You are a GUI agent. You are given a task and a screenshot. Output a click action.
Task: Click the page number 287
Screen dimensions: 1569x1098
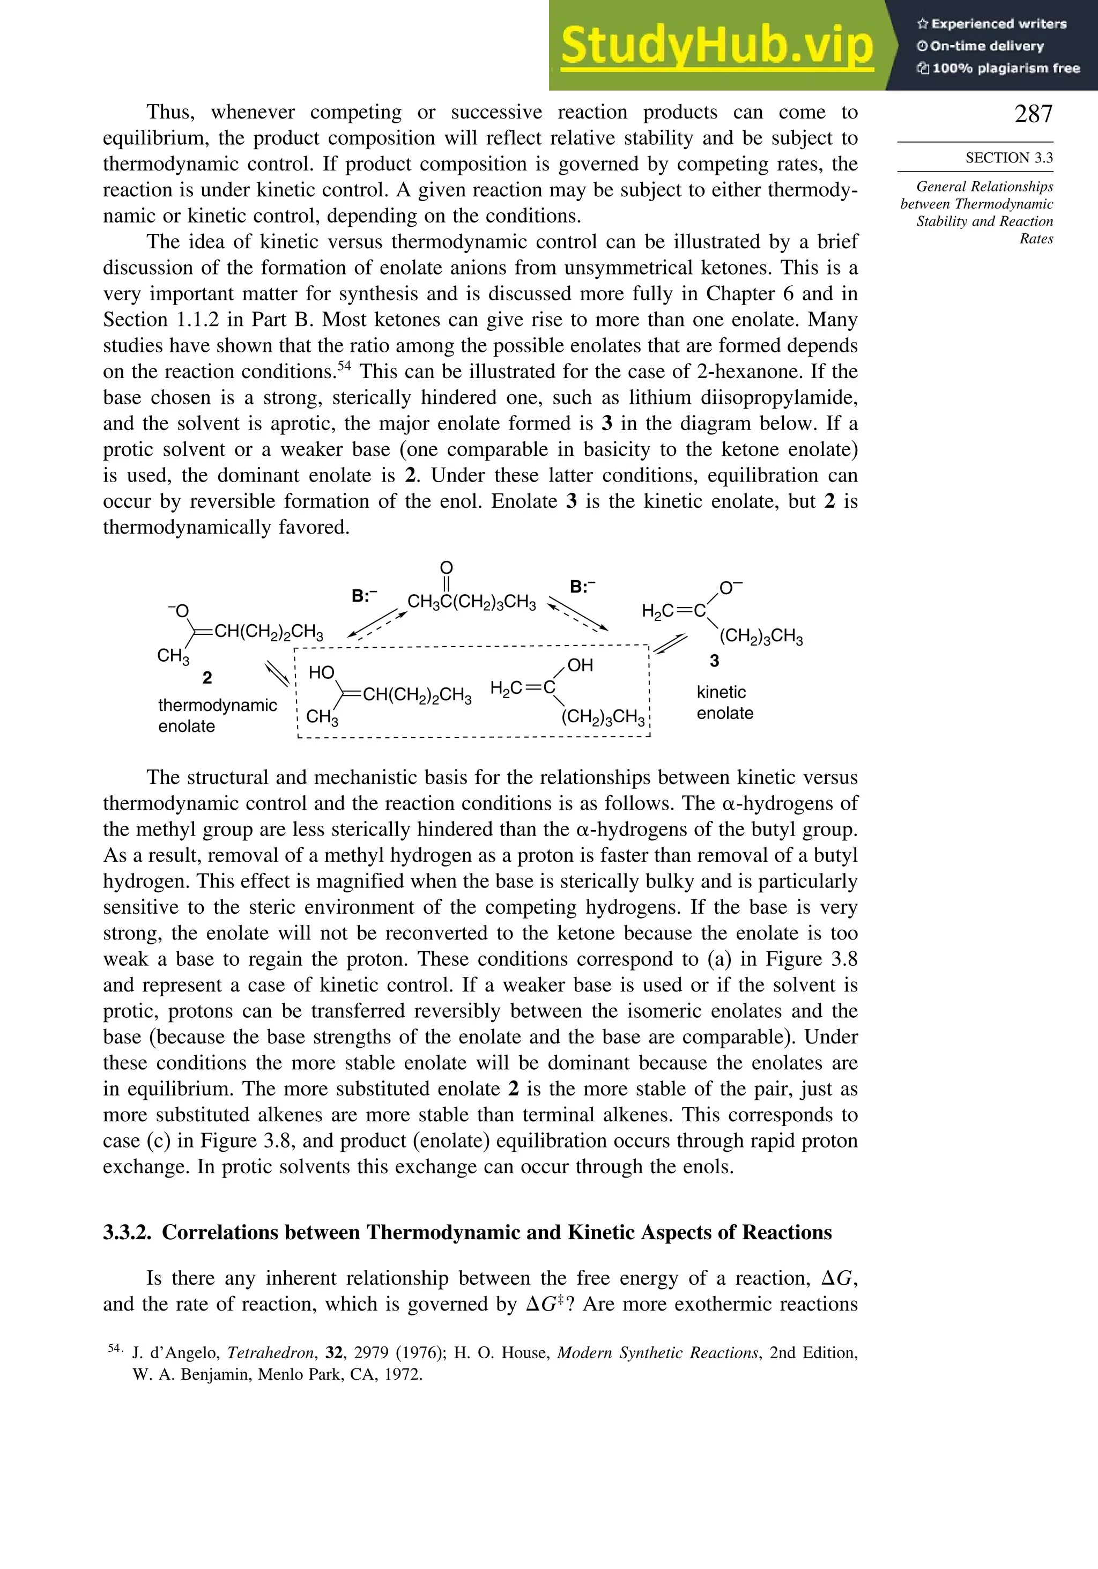click(1033, 114)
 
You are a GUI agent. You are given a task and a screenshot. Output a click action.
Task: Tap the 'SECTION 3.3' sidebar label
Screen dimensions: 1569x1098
click(1008, 158)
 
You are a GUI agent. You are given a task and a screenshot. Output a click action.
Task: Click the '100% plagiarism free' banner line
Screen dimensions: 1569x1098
click(998, 68)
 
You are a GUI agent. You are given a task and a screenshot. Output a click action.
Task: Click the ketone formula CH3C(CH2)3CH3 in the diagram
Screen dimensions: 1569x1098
click(471, 603)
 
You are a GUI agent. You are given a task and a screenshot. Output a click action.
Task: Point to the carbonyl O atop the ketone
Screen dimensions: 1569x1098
click(446, 568)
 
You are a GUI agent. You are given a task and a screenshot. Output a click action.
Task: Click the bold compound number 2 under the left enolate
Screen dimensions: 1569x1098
click(207, 678)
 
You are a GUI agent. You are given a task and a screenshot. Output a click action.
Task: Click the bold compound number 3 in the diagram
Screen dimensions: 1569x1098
click(714, 661)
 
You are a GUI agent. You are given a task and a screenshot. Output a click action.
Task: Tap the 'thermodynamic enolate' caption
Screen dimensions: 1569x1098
click(217, 715)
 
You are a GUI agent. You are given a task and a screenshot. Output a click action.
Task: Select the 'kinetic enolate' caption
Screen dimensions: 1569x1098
click(724, 702)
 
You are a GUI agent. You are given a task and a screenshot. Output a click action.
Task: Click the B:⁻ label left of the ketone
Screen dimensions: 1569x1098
click(364, 596)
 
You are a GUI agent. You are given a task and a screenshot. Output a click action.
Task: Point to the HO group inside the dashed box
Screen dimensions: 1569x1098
click(321, 672)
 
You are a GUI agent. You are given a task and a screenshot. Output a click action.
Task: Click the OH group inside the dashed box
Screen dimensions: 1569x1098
click(580, 665)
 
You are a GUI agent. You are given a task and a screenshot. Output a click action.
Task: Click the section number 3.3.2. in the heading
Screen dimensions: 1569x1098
click(127, 1232)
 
